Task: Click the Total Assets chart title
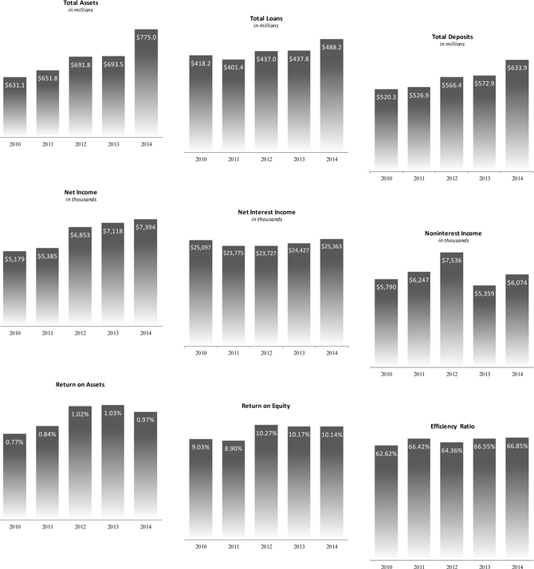click(x=80, y=3)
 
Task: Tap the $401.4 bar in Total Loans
click(x=234, y=104)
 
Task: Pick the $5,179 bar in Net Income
click(x=15, y=287)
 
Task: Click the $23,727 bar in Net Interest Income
click(x=266, y=295)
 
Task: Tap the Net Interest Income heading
click(x=266, y=212)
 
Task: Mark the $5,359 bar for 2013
click(x=484, y=326)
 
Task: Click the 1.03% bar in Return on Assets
click(x=113, y=462)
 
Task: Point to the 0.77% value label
click(x=15, y=441)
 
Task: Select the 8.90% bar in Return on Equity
click(x=234, y=486)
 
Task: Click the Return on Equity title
click(x=266, y=406)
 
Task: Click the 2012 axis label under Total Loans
click(x=266, y=159)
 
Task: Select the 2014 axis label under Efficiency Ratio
click(x=516, y=565)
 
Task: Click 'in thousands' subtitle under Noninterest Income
click(x=450, y=240)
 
